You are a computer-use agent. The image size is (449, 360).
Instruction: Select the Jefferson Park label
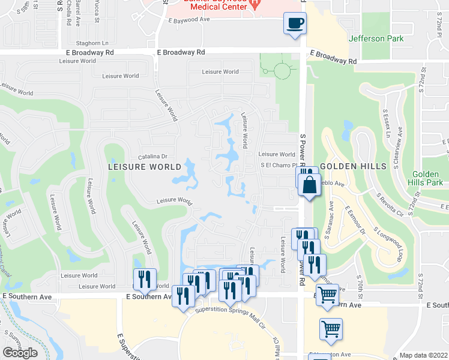coord(376,39)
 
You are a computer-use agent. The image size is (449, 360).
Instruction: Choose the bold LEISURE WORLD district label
coord(145,166)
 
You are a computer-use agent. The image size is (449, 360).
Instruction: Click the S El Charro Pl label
coord(279,166)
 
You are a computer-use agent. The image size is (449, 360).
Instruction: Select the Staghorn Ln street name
coord(92,43)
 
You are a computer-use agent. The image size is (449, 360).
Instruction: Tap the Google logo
coord(20,352)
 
